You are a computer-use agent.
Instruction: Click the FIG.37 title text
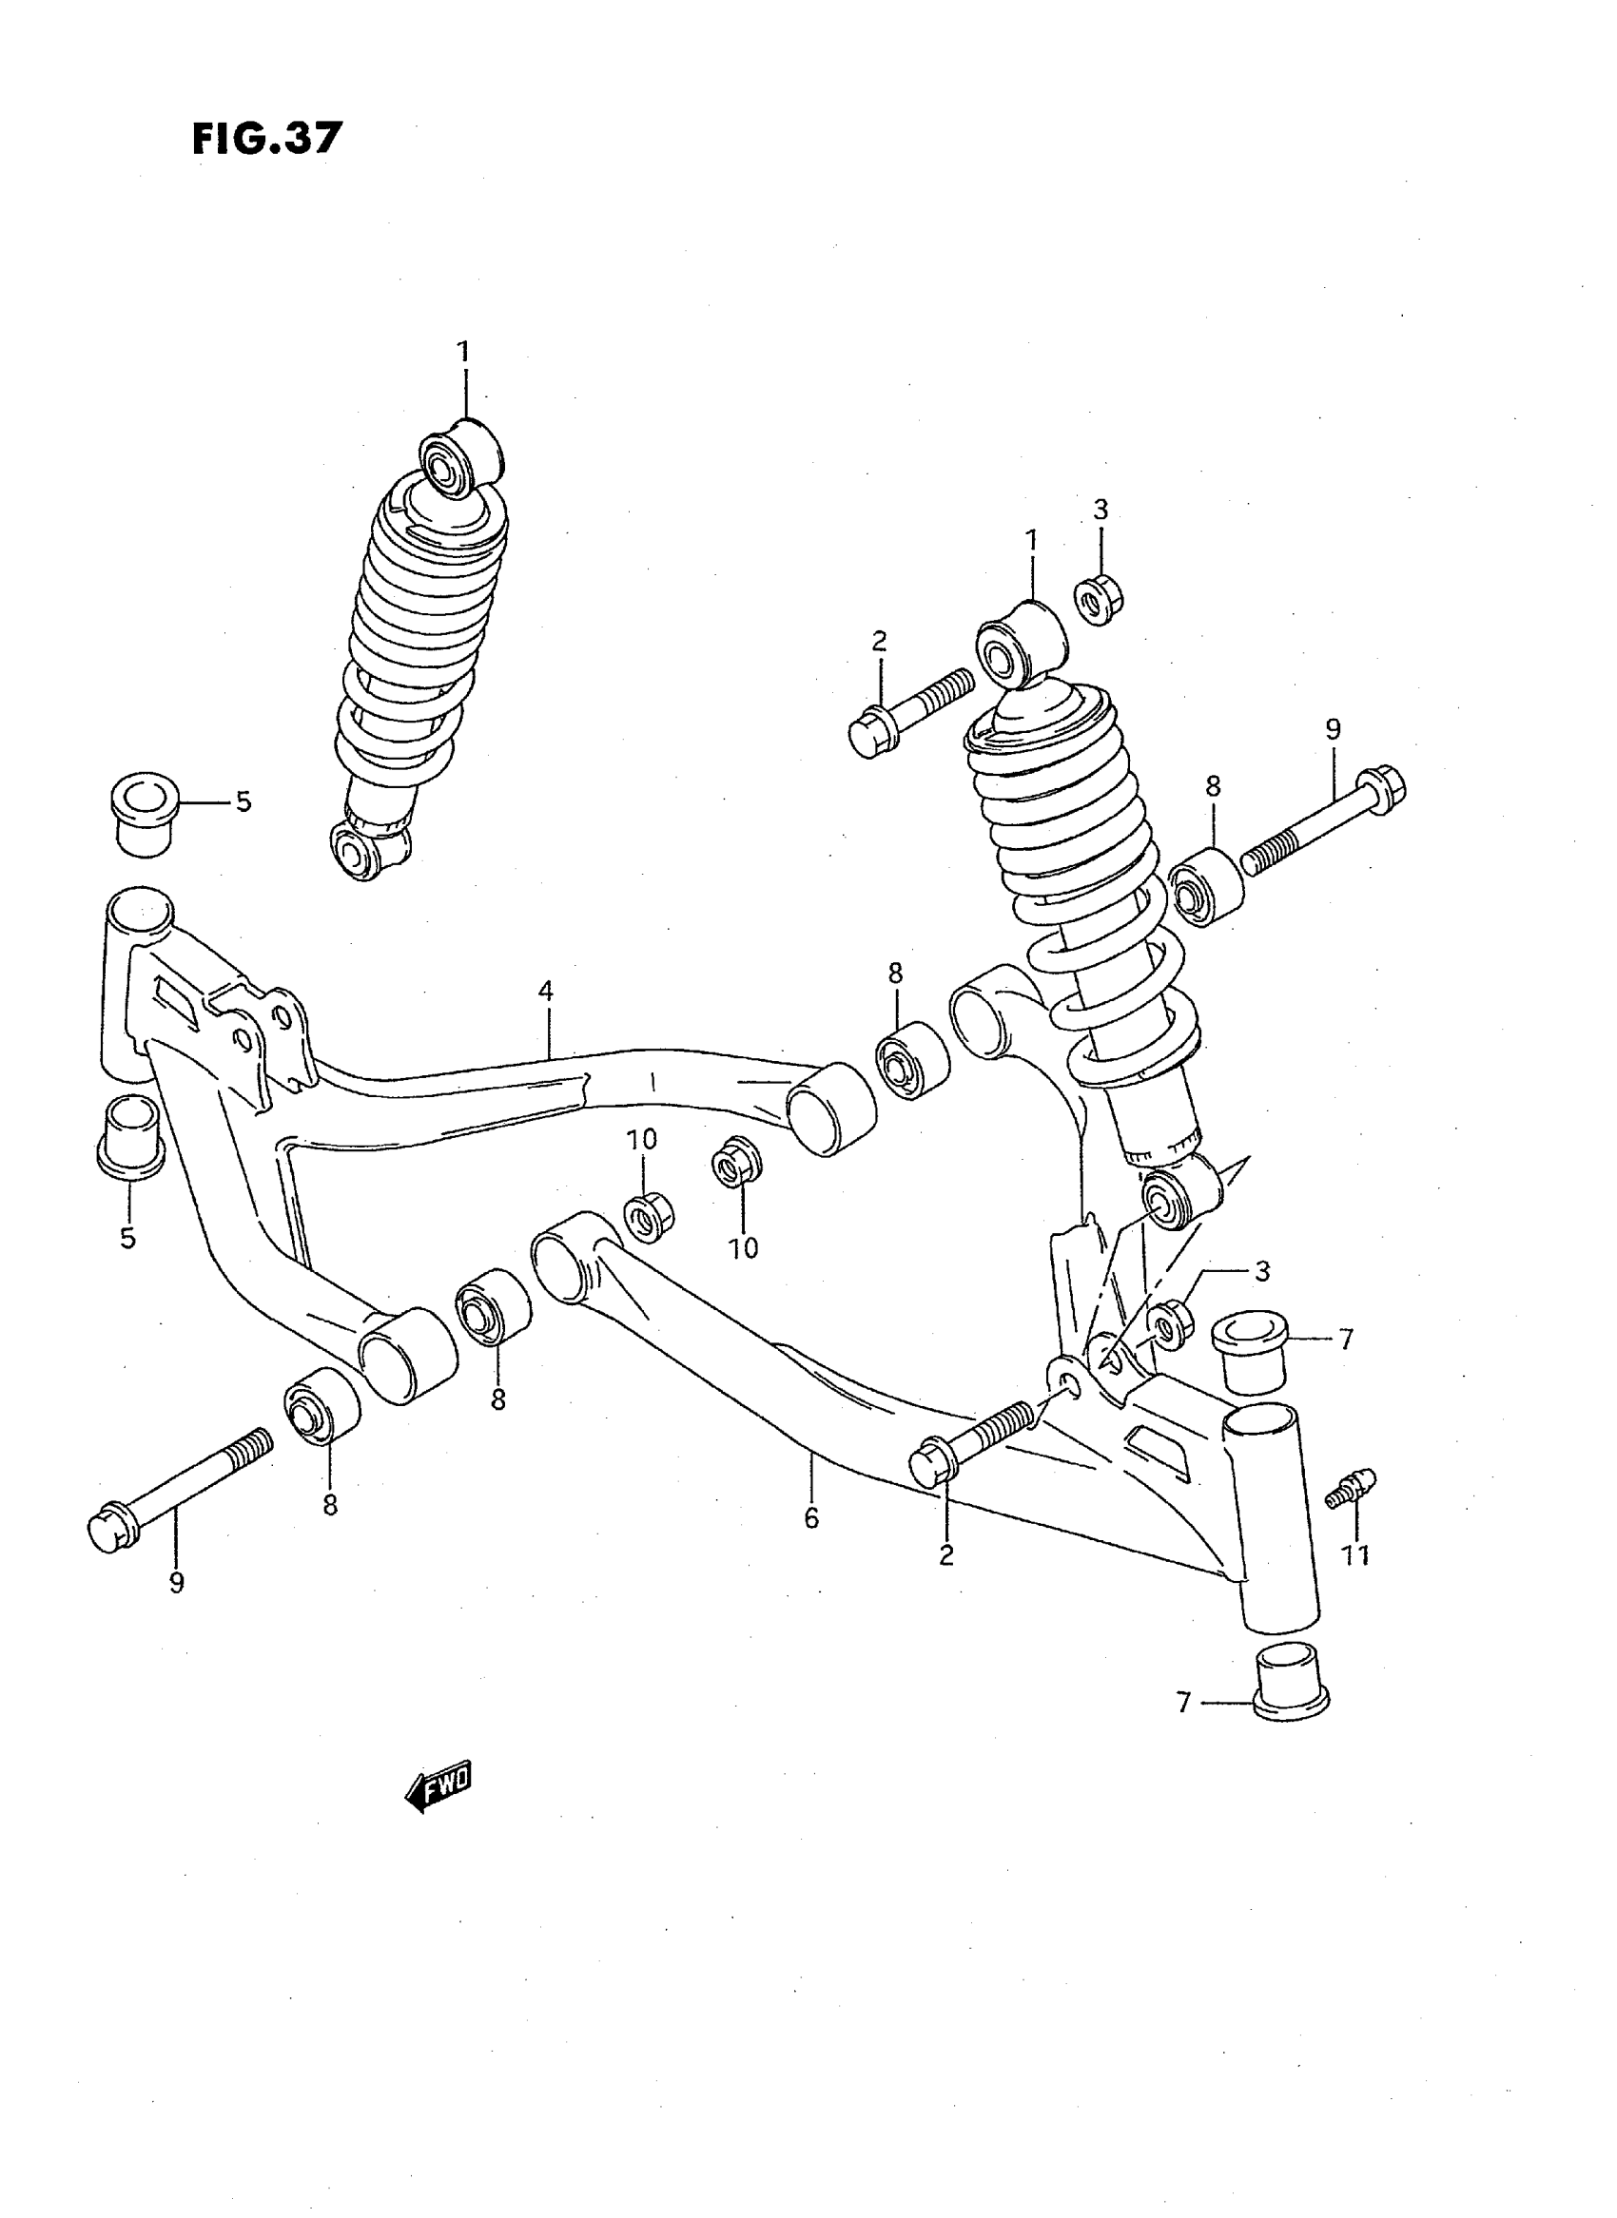(266, 139)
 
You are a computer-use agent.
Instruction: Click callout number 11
(1354, 1553)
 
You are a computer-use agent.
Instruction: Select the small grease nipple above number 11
(1353, 1488)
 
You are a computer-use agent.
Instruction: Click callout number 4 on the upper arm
(545, 991)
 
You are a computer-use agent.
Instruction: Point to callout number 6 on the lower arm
(810, 1518)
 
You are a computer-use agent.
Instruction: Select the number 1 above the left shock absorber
(463, 351)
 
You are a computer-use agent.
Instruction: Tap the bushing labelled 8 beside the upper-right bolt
(1207, 887)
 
